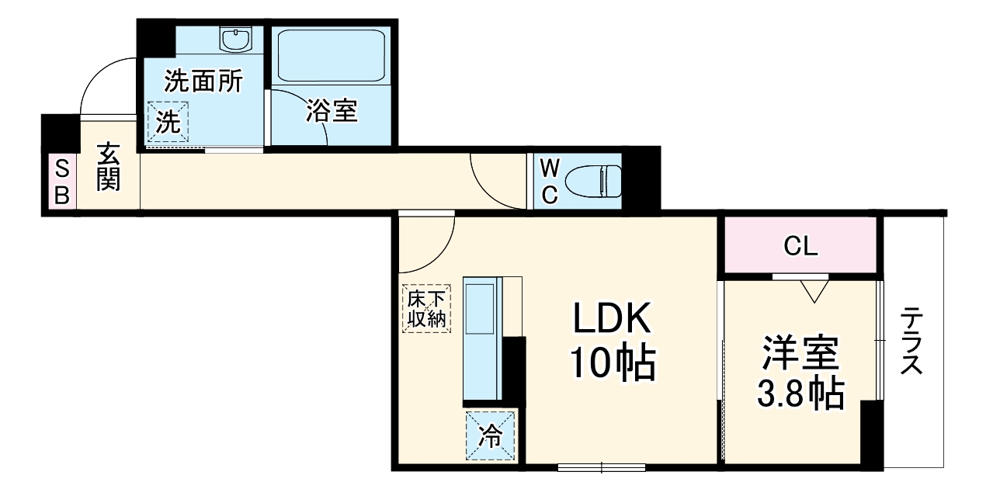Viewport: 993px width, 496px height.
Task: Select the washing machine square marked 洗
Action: [x=168, y=122]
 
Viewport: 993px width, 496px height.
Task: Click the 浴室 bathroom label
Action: [x=331, y=111]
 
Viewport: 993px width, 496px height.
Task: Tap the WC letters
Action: [x=549, y=182]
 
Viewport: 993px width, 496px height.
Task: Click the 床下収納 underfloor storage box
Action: [x=426, y=309]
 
